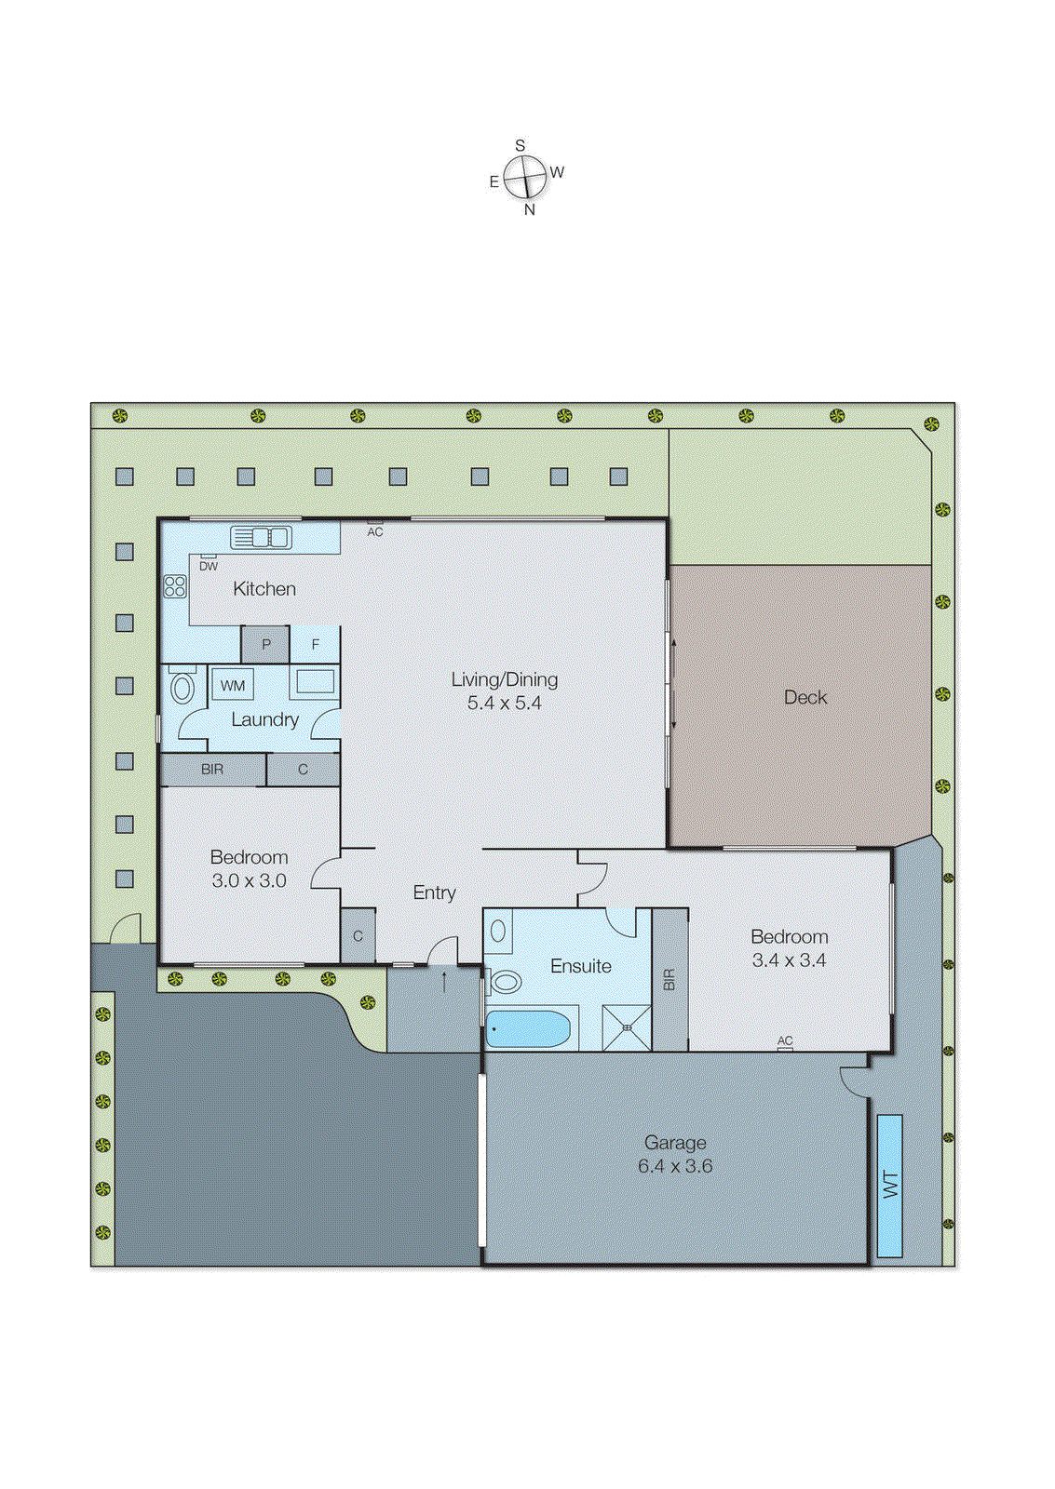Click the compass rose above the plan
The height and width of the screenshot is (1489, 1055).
point(525,177)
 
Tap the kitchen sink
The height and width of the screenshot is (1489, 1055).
point(261,537)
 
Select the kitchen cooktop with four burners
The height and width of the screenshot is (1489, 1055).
point(175,586)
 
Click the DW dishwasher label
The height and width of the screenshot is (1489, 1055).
point(209,566)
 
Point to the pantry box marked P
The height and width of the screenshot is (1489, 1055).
point(265,644)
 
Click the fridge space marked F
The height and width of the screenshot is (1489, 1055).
point(316,644)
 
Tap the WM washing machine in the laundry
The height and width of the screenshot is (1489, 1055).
point(233,686)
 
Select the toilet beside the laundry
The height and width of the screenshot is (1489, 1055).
point(183,689)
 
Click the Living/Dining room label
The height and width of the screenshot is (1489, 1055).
point(504,679)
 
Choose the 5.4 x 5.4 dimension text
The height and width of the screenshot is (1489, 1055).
point(504,704)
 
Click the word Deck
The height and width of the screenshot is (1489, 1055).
point(805,697)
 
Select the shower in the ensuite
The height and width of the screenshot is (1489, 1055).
point(627,1028)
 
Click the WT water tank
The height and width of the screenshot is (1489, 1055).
point(890,1185)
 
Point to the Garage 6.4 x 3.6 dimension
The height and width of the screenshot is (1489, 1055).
point(675,1166)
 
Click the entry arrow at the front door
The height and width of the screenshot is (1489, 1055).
point(444,981)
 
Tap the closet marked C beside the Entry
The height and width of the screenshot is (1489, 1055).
point(358,936)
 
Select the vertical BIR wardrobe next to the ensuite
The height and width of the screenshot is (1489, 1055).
point(669,979)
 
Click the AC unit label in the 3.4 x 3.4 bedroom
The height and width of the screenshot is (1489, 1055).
point(785,1042)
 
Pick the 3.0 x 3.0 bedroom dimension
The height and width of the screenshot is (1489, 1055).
point(249,881)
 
